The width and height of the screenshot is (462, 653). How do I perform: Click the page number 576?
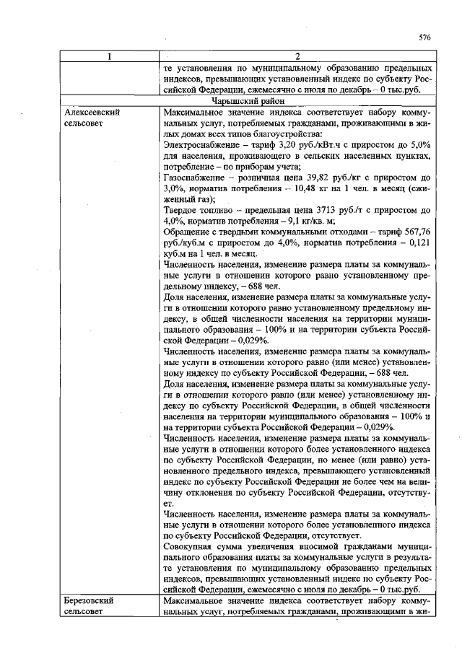tap(424, 37)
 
